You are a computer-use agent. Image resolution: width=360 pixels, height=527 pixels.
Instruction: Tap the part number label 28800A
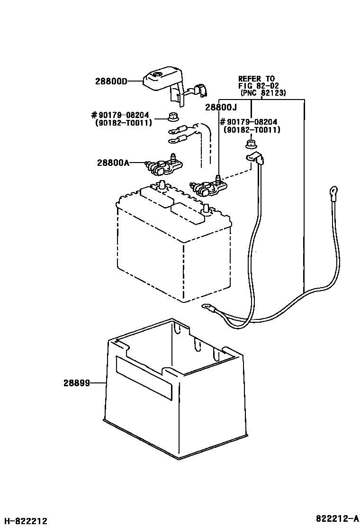point(113,163)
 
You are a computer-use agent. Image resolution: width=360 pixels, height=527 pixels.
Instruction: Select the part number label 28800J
point(221,108)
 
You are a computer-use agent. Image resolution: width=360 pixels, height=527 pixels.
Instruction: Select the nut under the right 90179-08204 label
point(250,143)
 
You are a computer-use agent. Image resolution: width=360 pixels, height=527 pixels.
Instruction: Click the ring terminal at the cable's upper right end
point(334,192)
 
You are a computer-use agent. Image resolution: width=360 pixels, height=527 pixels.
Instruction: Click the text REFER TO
point(256,79)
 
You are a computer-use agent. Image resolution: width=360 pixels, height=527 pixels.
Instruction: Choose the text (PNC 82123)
point(262,93)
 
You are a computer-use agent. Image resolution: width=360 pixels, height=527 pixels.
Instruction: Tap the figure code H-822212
point(24,521)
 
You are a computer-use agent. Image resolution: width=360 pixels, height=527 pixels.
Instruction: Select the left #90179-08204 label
point(121,115)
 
